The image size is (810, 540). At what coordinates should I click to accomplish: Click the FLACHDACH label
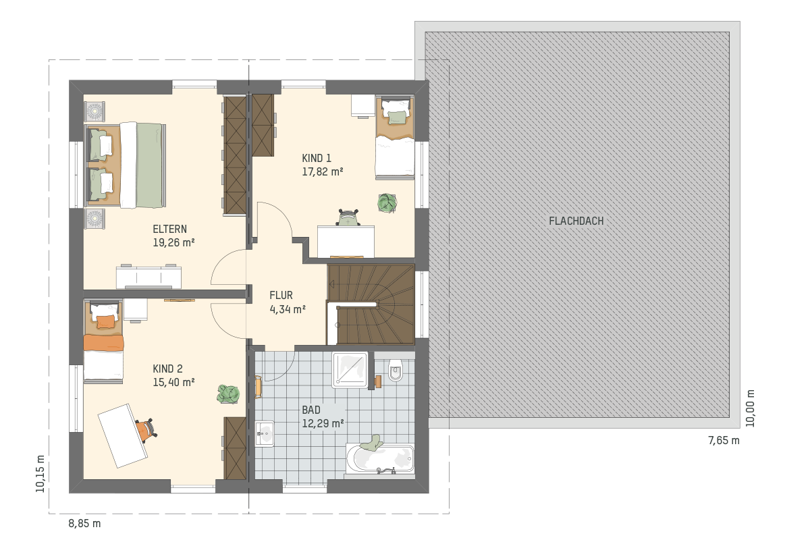coord(576,221)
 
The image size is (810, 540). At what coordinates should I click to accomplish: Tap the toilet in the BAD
coord(396,370)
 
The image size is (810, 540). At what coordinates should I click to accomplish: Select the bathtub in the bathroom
coord(380,458)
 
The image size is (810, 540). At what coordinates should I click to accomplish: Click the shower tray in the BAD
coord(350,370)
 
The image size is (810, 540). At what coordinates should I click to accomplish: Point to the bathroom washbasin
coord(265,433)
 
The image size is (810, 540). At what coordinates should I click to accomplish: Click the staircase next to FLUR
coord(371,304)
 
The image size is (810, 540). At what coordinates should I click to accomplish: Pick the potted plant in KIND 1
coord(387,203)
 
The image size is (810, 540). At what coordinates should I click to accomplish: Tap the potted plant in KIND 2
coord(228,394)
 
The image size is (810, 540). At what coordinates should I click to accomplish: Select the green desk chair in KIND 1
coord(348,217)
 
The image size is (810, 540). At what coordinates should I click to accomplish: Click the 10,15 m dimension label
coord(40,474)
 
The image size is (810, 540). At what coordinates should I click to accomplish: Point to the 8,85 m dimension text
coord(84,523)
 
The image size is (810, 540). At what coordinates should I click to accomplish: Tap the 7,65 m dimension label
coord(724,441)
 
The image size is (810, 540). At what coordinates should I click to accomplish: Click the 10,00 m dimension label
coord(750,408)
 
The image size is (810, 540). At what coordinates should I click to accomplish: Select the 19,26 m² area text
coord(174,242)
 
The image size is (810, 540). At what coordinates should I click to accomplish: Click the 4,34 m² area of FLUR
coord(288,309)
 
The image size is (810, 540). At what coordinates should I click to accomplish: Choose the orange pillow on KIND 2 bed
coord(107,321)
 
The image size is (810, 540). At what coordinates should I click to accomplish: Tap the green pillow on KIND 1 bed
coord(397,117)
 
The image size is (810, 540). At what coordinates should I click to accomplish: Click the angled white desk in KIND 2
coord(123,435)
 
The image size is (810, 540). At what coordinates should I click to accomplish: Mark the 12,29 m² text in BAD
coord(323,423)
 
